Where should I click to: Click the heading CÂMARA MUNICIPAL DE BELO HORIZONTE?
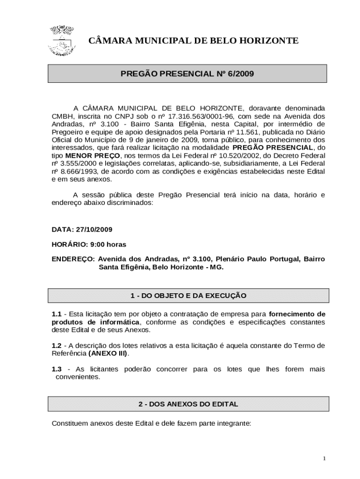(193, 41)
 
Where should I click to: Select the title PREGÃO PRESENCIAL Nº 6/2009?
(187, 73)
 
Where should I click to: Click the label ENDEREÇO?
(73, 259)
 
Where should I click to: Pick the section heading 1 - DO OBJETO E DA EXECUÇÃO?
(188, 296)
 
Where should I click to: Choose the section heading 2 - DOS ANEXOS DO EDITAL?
(188, 404)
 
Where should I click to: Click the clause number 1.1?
(57, 314)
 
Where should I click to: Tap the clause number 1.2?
(57, 345)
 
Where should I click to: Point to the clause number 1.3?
(57, 369)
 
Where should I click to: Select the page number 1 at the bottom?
(324, 458)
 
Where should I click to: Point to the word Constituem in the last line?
(70, 424)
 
